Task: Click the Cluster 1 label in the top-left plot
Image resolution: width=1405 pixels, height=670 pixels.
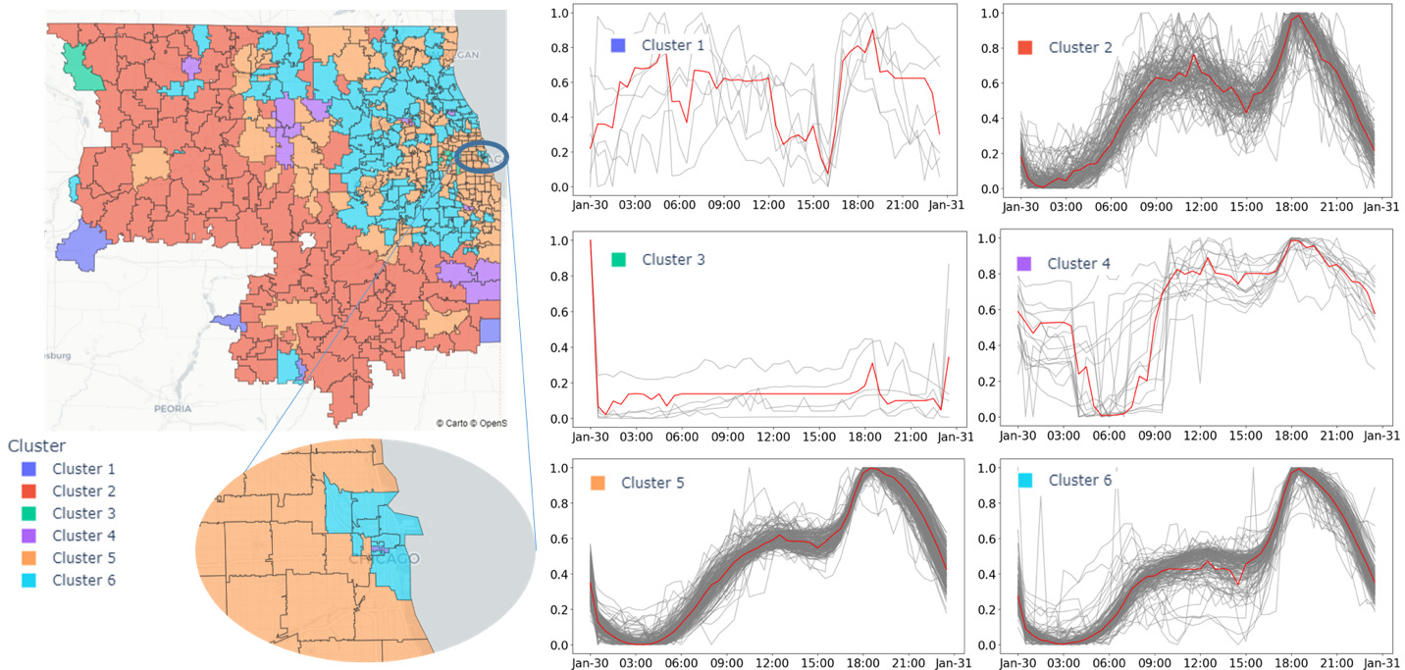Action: (672, 45)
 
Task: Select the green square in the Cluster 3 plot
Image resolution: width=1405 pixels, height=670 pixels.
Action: (618, 260)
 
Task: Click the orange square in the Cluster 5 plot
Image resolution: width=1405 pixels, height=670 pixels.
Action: (598, 483)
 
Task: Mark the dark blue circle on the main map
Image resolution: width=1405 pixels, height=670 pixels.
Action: (485, 158)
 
